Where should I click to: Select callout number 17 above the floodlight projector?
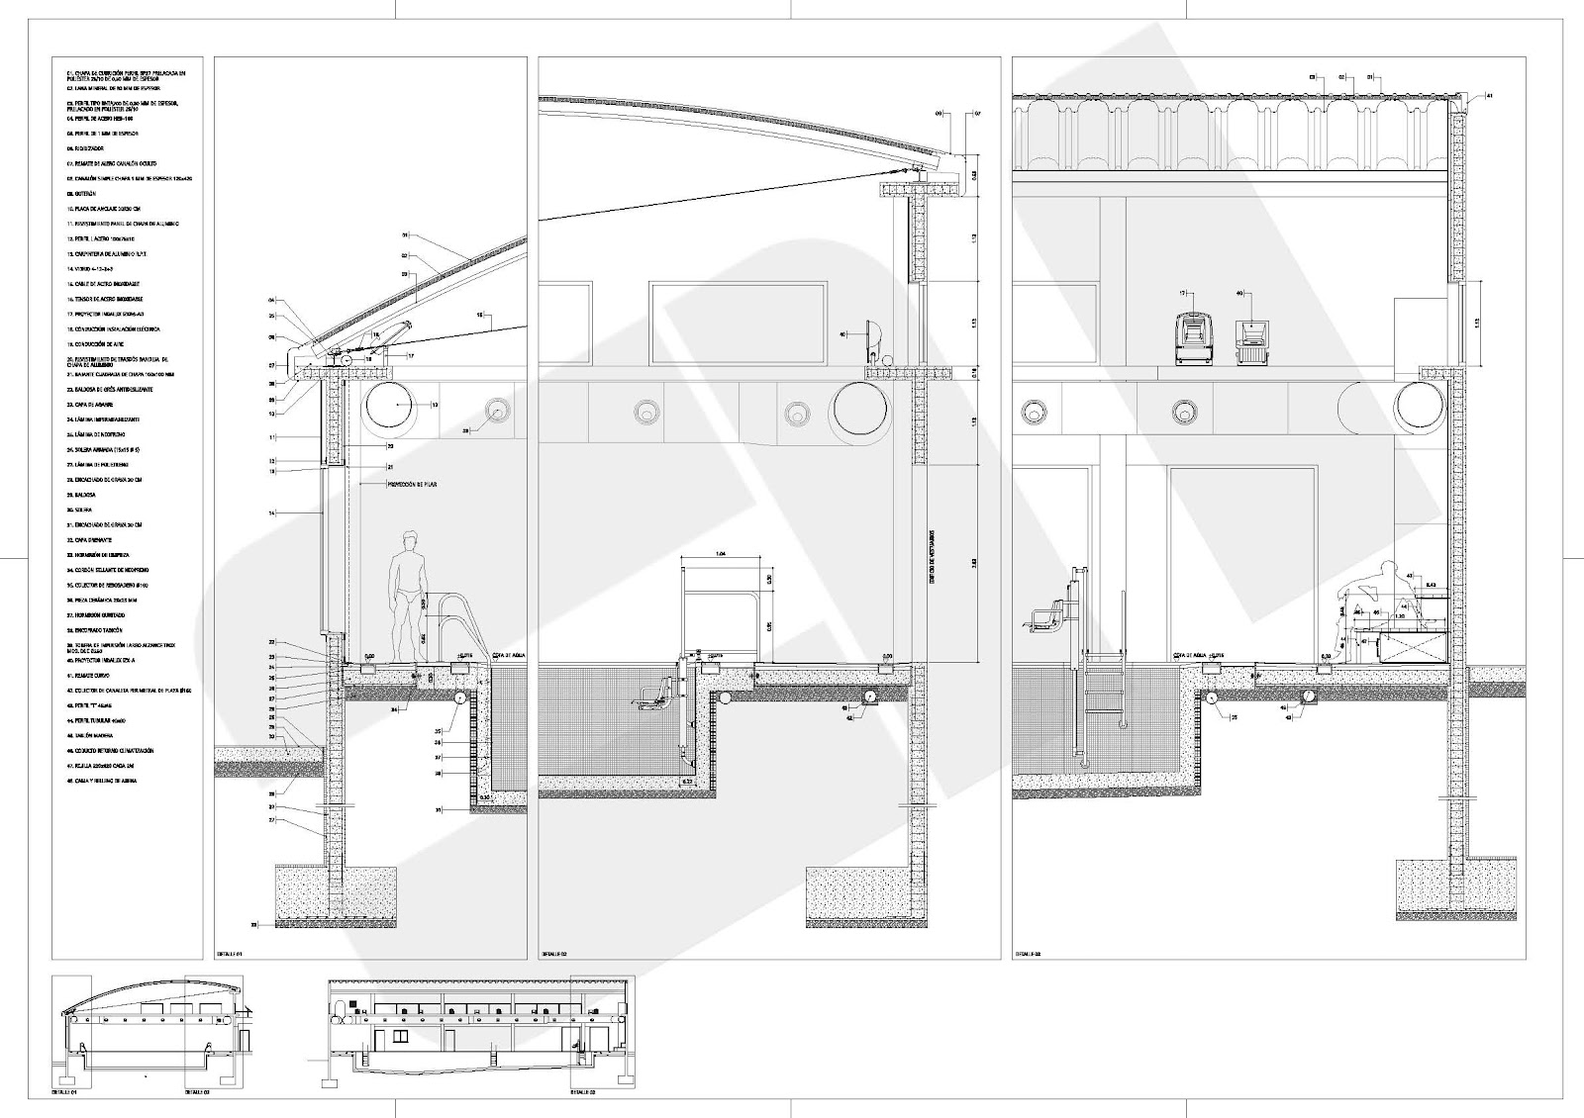(x=1182, y=294)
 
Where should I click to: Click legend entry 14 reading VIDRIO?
(x=84, y=268)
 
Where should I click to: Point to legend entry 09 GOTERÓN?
(x=76, y=194)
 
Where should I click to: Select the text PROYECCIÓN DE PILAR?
(x=417, y=485)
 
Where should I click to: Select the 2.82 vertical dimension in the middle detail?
(x=975, y=563)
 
